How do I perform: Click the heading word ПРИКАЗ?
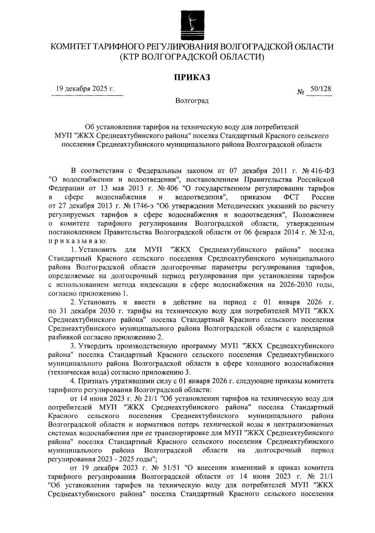click(192, 77)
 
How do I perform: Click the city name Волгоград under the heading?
click(192, 101)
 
